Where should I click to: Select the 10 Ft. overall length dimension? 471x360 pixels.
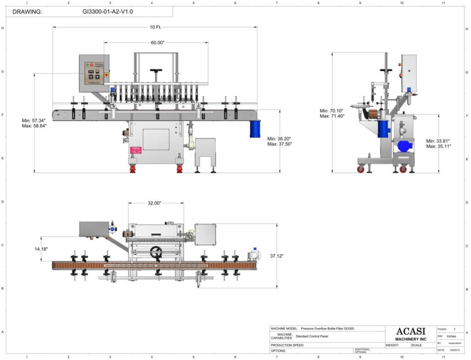pos(155,27)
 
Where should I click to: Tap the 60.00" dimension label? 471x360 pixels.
pos(157,42)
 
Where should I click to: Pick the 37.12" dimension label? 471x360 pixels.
pos(289,256)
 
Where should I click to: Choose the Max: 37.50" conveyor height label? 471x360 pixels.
pos(280,144)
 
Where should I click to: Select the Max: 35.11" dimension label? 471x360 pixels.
pos(438,146)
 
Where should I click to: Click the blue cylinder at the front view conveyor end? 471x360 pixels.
pos(255,129)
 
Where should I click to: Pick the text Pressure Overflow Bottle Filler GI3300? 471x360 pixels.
pos(327,329)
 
